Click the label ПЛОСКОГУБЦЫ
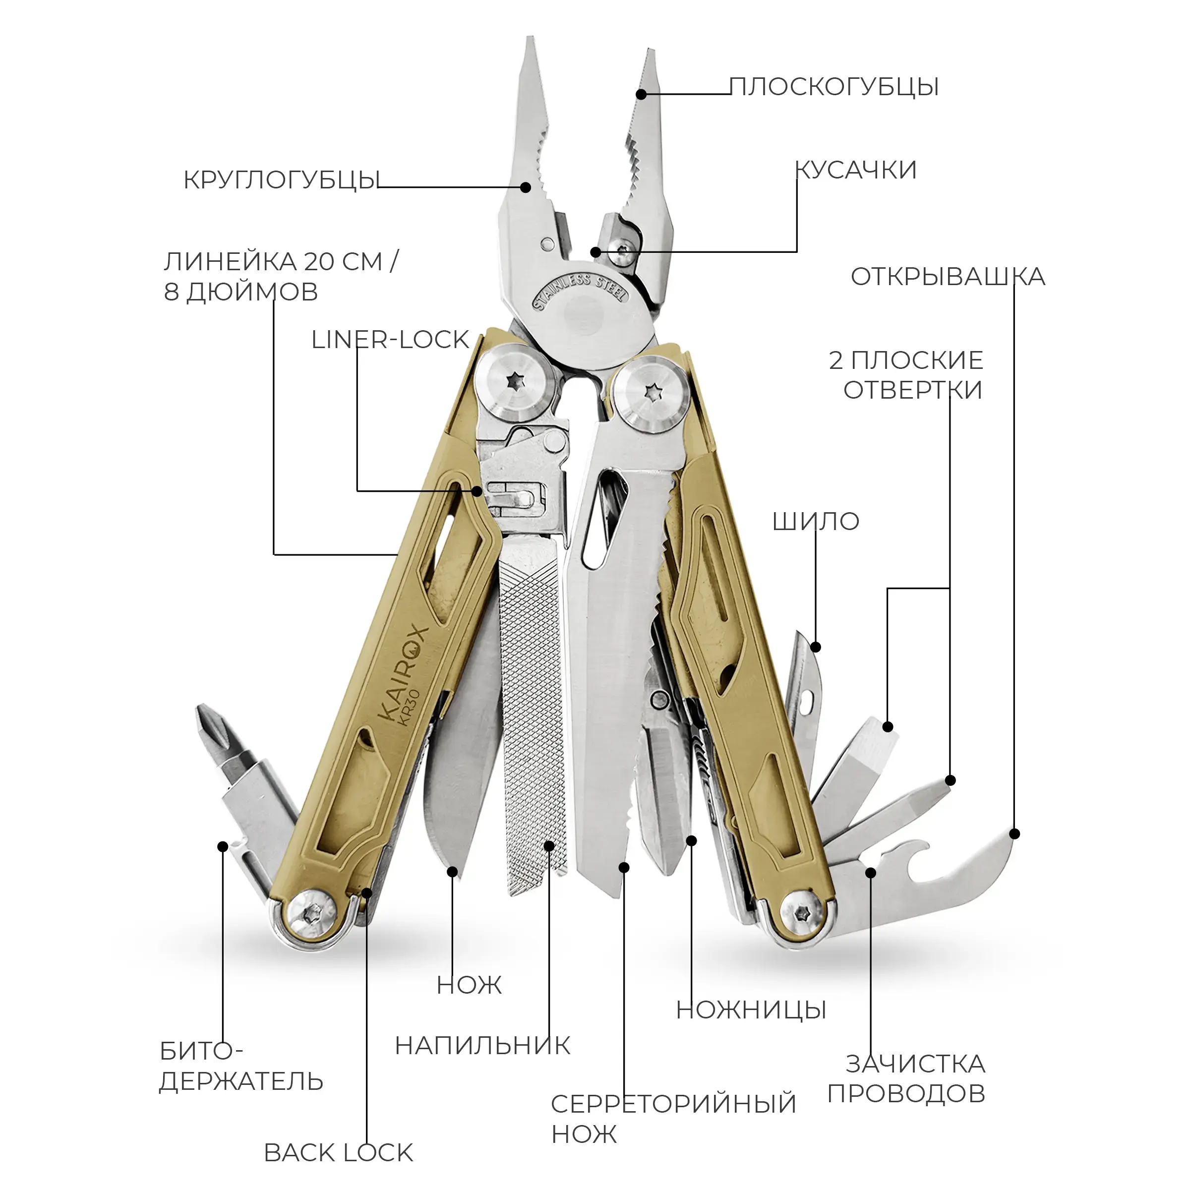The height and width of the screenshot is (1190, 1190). pos(834,87)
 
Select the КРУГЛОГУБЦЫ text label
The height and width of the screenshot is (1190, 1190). pos(281,180)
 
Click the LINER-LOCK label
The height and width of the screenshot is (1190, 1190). pos(391,340)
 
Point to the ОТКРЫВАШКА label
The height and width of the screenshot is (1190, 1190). pos(948,277)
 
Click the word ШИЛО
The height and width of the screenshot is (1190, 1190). pos(816,522)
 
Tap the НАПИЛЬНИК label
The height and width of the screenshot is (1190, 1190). pos(483,1046)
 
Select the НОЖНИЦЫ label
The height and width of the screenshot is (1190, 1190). pos(751,1010)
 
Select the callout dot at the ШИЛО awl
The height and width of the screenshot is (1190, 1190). pos(816,647)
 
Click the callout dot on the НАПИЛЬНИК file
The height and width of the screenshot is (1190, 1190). pos(549,845)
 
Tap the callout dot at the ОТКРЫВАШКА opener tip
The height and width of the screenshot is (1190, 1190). pos(1015,834)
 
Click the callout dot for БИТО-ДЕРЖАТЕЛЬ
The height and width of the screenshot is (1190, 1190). pos(223,846)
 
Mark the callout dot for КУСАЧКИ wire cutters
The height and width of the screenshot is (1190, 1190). pos(595,252)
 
